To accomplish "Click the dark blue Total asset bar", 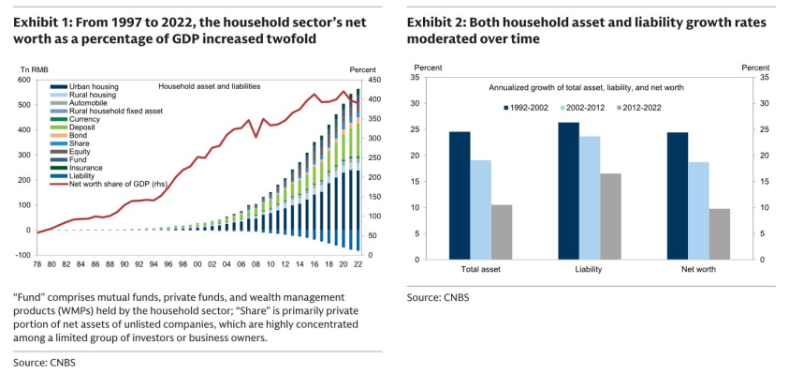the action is click(460, 196).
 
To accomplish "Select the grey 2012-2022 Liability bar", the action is click(610, 217).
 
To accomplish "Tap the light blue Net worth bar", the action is click(698, 211).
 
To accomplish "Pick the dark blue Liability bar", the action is click(569, 191).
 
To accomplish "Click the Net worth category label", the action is click(698, 269).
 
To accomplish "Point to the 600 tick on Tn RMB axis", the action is click(24, 81).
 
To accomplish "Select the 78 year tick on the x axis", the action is click(37, 263).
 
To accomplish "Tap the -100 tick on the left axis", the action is click(23, 256).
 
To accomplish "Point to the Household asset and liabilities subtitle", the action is click(210, 86).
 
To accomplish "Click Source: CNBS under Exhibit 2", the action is click(438, 297).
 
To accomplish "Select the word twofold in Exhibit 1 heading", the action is click(293, 38).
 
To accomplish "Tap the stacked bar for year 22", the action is click(358, 170).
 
